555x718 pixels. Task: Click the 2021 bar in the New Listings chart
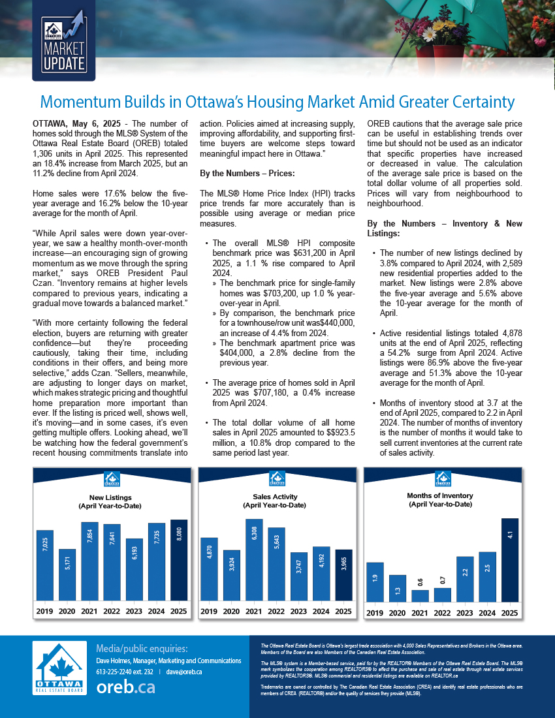point(89,561)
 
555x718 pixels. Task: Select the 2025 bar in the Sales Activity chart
point(343,574)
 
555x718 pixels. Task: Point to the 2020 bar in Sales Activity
point(231,574)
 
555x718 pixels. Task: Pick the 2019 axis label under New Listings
point(44,612)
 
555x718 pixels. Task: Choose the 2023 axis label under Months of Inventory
point(464,613)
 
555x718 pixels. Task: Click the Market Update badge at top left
point(64,40)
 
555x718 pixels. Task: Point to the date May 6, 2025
point(96,123)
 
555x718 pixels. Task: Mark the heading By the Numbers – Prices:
point(247,173)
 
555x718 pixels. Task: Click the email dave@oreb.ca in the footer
point(184,671)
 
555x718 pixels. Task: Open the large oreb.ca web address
point(125,687)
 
